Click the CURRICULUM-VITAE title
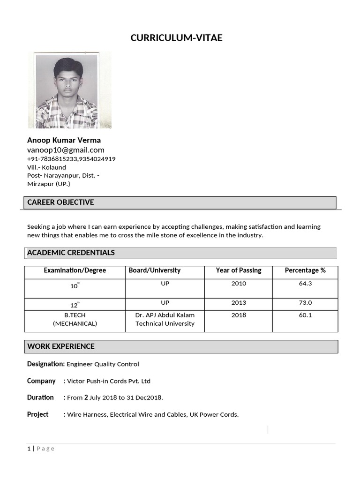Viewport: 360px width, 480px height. (176, 38)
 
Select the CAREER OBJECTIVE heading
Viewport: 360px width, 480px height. (60, 202)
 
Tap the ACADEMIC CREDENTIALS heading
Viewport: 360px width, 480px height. (71, 253)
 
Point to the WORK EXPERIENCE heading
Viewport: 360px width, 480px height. (61, 346)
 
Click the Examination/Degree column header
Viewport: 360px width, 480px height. (75, 270)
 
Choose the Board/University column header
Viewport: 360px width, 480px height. (155, 270)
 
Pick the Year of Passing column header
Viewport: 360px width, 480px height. (239, 270)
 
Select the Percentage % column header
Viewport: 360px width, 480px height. (305, 270)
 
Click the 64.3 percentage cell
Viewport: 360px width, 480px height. (305, 284)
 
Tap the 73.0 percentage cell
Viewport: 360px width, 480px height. (305, 303)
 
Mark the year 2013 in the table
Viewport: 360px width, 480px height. (239, 303)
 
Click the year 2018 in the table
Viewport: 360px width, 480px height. (239, 315)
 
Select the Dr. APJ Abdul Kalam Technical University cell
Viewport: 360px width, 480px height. (165, 319)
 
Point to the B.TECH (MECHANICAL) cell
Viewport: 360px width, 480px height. (75, 319)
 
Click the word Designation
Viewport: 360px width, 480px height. (45, 364)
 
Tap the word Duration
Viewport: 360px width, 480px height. (40, 397)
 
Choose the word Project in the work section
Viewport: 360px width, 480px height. (37, 414)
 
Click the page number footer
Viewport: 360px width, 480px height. (41, 449)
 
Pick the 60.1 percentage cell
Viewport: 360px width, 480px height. (305, 315)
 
